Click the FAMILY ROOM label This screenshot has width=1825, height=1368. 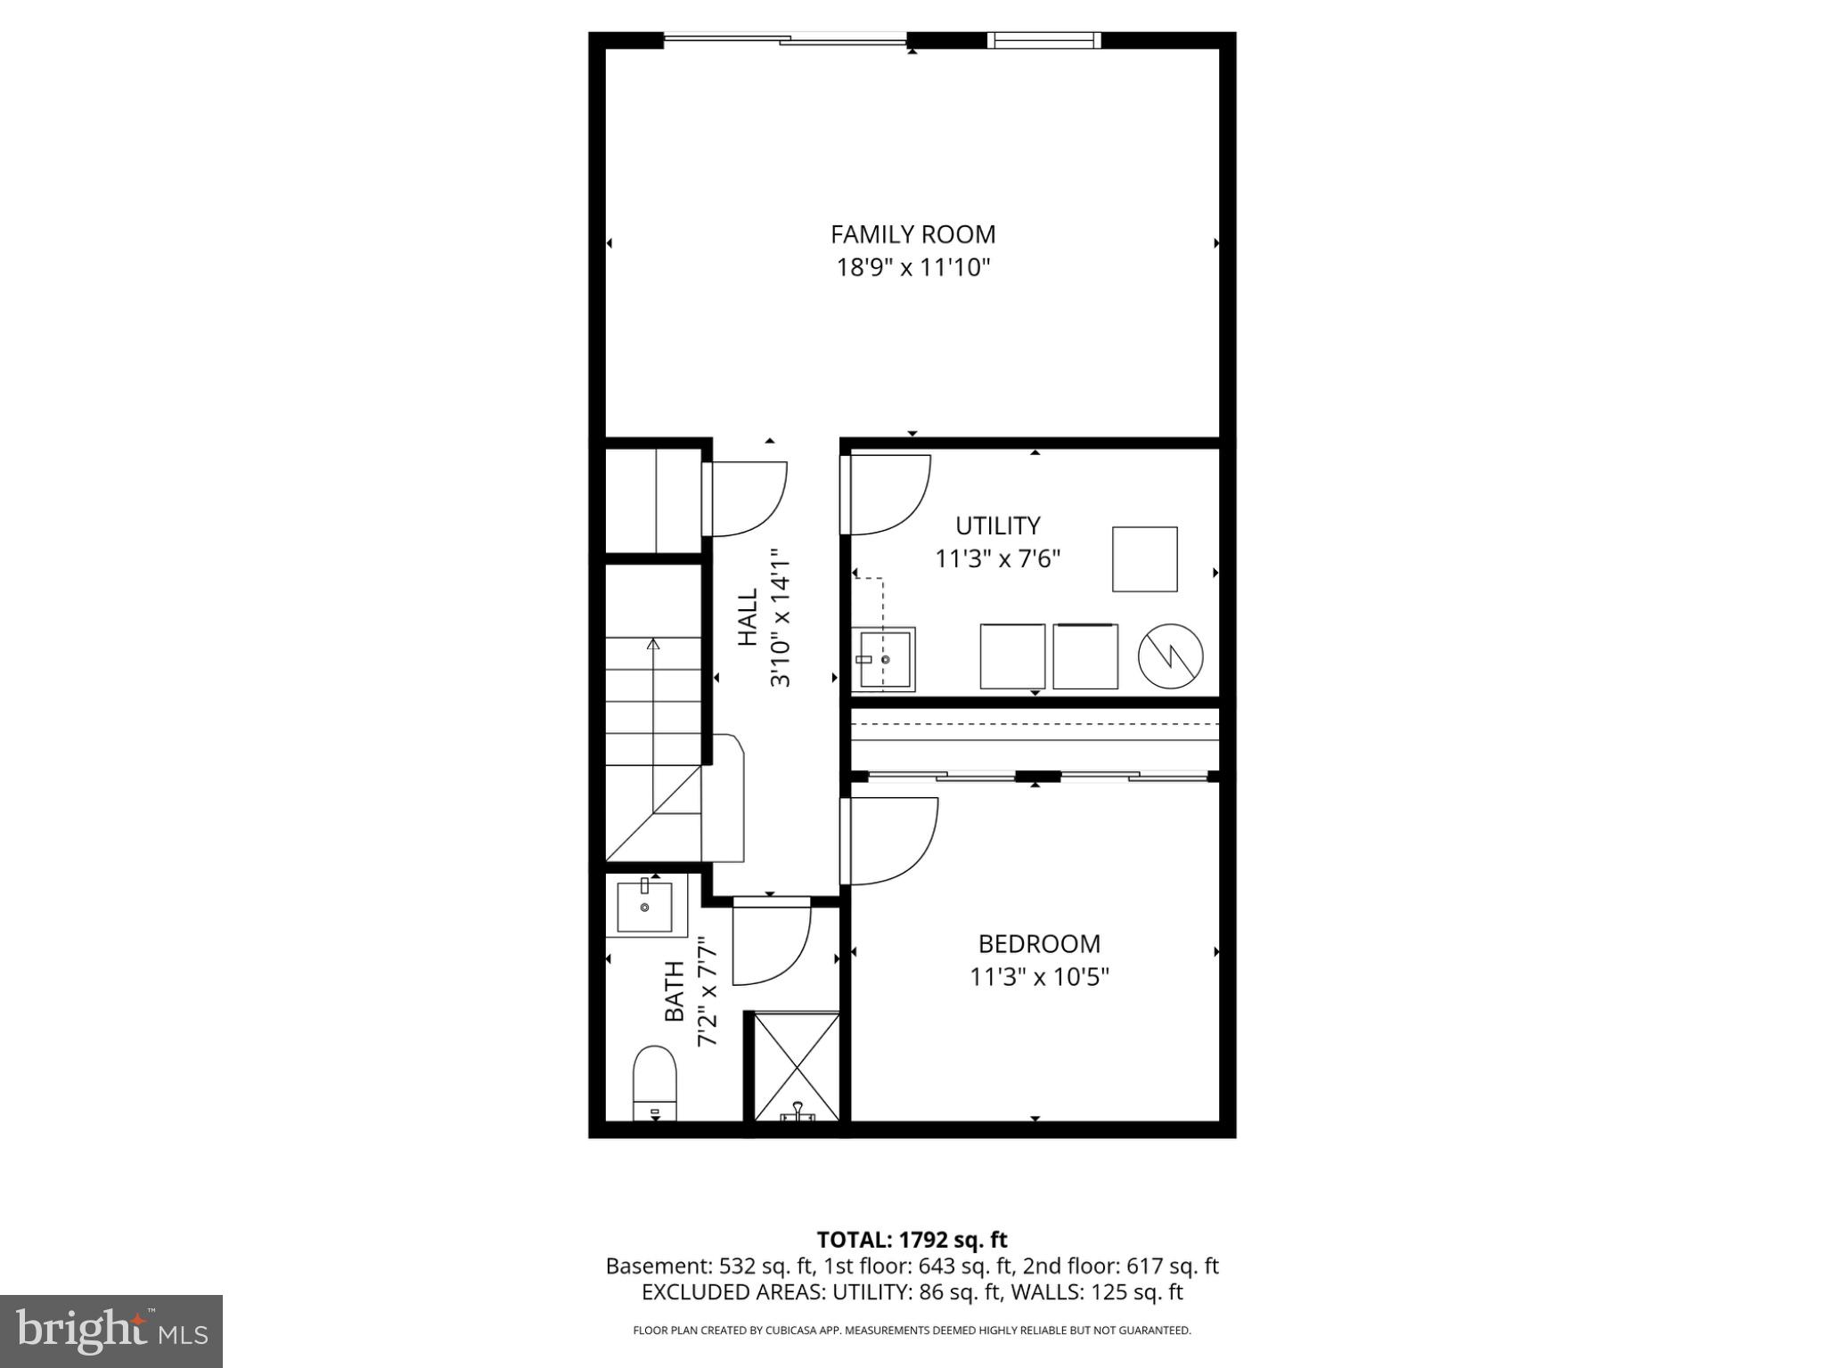(x=912, y=234)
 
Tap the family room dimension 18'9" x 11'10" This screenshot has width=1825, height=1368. (x=912, y=267)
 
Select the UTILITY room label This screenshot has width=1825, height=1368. (x=997, y=525)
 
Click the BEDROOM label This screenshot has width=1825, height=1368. (x=1038, y=943)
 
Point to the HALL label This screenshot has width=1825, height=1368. (x=747, y=616)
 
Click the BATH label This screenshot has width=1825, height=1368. (x=675, y=991)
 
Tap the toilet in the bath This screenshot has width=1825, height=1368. (x=655, y=1083)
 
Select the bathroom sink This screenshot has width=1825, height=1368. (x=644, y=907)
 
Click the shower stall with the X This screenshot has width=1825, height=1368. (x=797, y=1067)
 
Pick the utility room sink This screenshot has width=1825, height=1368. (x=883, y=659)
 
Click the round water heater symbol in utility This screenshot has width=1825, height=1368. (x=1170, y=655)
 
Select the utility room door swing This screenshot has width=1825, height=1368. (x=888, y=494)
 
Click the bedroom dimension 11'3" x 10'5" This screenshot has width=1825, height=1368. (x=1038, y=977)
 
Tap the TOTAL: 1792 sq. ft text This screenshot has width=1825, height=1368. (x=912, y=1240)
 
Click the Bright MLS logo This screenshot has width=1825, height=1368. (x=110, y=1331)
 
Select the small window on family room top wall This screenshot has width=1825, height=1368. (x=1043, y=40)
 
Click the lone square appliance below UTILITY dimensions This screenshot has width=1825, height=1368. (x=1144, y=559)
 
